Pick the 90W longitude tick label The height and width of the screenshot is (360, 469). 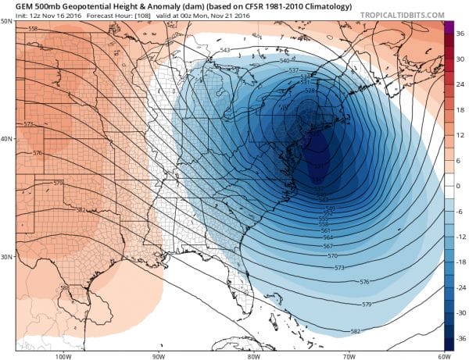(x=158, y=356)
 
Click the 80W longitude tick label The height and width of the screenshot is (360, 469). (x=252, y=356)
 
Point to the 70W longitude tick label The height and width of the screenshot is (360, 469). (x=347, y=356)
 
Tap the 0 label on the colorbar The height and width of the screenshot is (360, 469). (x=460, y=186)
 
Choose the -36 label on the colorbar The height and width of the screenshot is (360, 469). (x=459, y=339)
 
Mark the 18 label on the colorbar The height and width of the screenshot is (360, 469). (x=460, y=110)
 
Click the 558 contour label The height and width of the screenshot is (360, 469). (x=33, y=29)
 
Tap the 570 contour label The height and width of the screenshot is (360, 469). (x=332, y=255)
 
